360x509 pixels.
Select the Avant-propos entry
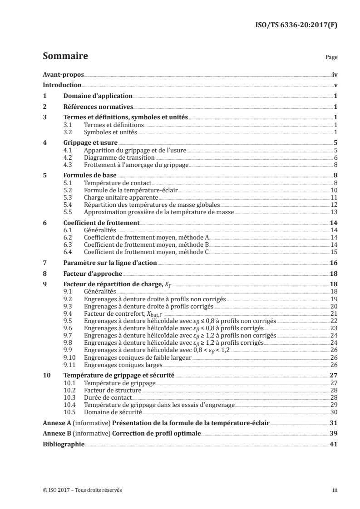[x=63, y=74]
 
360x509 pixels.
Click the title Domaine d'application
[x=98, y=96]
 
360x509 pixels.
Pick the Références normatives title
[x=98, y=107]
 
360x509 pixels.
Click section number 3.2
[x=67, y=132]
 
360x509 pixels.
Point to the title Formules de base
[x=90, y=175]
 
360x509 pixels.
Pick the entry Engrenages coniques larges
[x=118, y=364]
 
